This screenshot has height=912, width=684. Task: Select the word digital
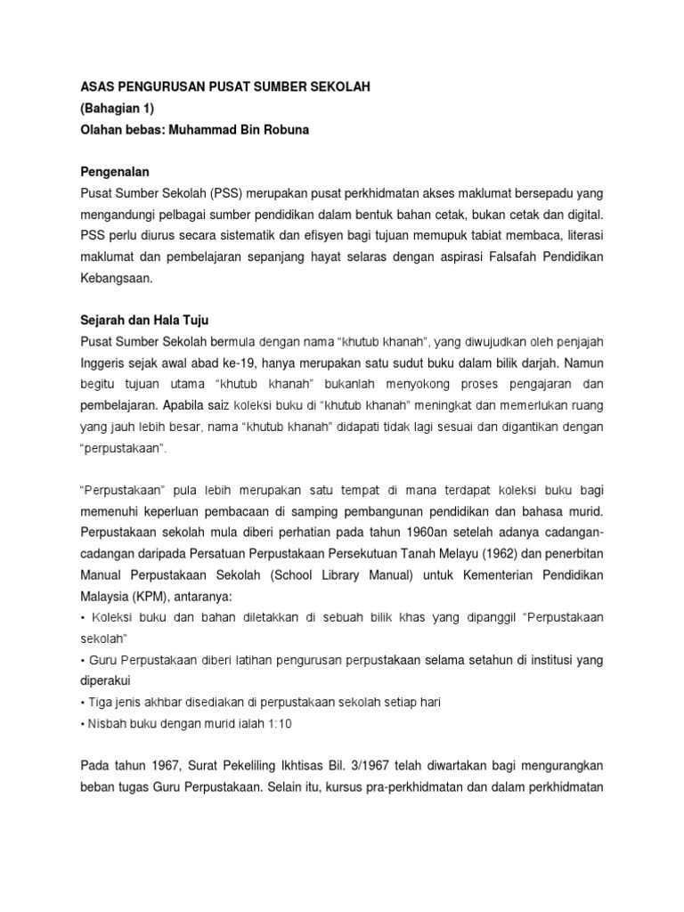(x=580, y=215)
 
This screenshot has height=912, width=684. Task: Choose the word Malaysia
(x=104, y=597)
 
